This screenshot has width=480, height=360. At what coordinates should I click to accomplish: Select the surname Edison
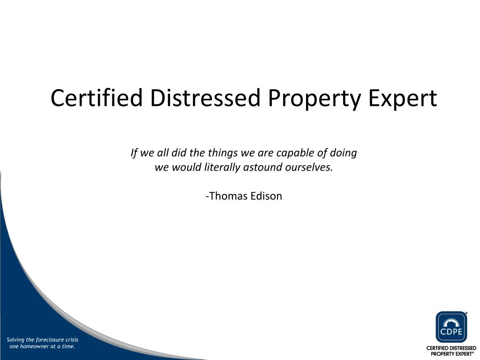click(266, 196)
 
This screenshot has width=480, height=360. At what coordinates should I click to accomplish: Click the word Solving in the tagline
click(17, 339)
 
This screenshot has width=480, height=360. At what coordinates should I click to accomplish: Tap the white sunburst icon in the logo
click(451, 322)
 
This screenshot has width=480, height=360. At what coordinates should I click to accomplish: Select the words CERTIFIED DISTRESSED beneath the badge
click(451, 349)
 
